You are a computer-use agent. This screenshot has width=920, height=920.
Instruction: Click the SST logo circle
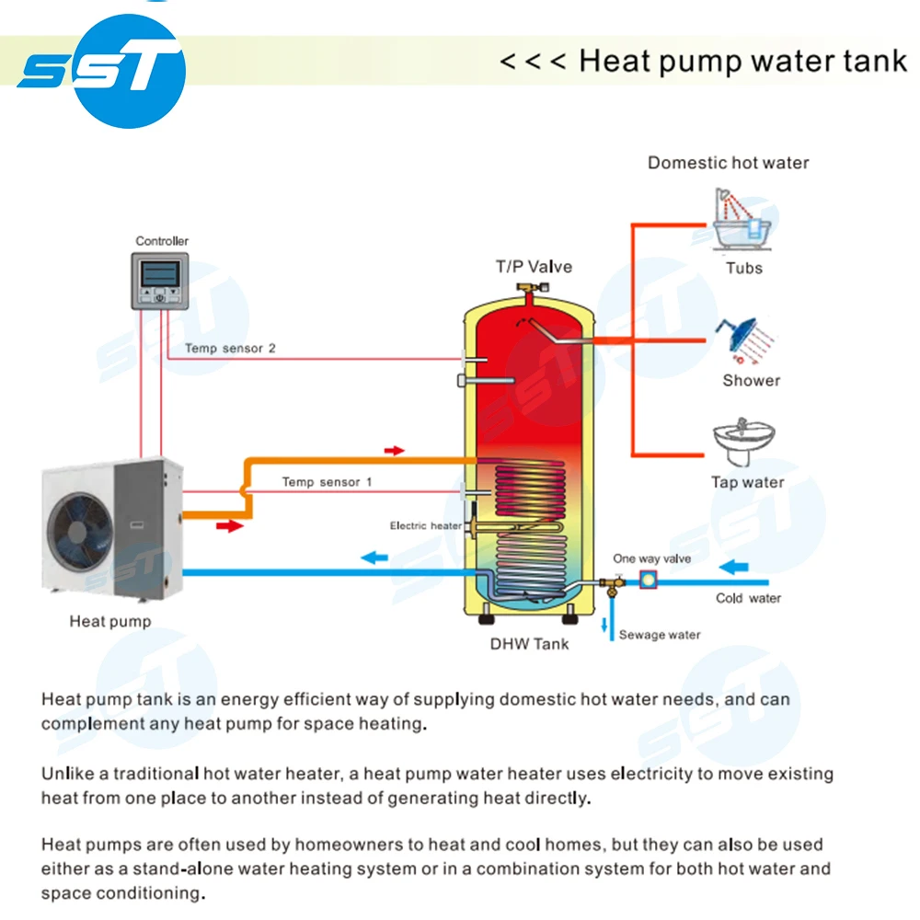point(100,70)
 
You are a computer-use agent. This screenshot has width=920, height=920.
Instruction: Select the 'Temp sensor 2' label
point(230,349)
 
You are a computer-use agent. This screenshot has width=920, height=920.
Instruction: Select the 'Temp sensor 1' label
point(327,482)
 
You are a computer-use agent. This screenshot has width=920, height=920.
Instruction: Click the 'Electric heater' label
point(425,525)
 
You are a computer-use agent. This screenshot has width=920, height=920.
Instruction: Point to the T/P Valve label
point(534,267)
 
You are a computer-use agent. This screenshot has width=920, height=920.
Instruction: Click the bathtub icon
point(742,221)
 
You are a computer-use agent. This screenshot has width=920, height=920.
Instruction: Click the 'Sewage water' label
point(659,635)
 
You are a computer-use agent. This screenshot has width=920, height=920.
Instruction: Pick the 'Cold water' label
point(748,598)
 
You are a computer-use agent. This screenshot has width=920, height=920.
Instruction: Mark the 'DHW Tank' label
point(529,644)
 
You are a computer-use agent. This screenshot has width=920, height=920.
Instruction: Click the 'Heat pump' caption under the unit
point(109,622)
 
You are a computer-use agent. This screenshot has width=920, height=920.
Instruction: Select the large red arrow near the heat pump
point(230,525)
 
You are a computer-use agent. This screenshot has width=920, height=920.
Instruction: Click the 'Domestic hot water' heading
point(728,163)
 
